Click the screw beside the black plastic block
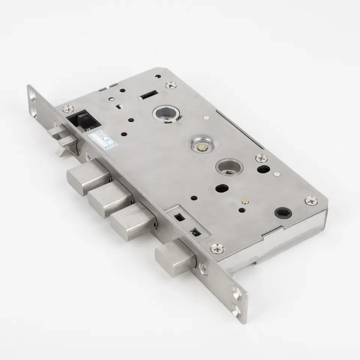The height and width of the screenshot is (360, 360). pyautogui.click(x=68, y=109)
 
